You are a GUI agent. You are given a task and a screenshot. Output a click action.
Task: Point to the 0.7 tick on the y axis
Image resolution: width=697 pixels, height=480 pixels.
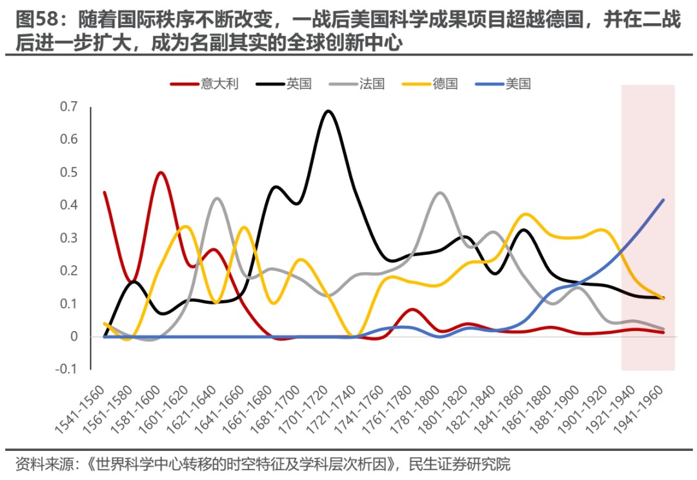68,106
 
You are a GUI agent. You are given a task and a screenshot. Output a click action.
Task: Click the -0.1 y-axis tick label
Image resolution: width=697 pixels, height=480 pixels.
66,370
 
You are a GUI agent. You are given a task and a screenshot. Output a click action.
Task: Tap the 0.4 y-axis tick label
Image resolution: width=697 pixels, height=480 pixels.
68,205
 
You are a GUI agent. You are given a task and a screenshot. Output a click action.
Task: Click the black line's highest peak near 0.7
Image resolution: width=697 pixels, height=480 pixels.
328,111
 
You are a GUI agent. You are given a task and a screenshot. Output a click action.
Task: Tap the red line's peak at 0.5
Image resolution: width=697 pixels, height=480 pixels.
161,172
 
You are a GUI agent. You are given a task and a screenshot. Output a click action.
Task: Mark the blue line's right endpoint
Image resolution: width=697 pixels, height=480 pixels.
663,200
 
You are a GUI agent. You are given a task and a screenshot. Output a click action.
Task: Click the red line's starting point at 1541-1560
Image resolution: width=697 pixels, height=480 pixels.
105,192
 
